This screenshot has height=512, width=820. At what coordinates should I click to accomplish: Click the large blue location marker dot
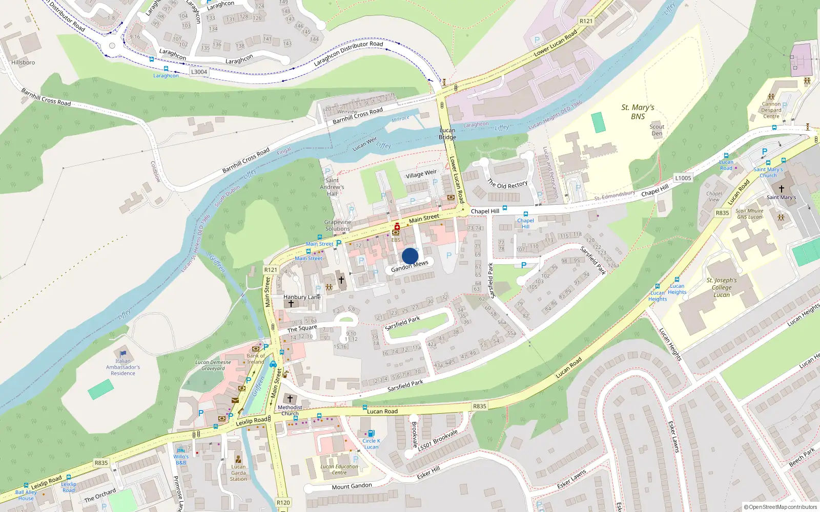410,256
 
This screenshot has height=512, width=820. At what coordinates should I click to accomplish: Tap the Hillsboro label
23,62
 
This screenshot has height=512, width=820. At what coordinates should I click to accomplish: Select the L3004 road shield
199,72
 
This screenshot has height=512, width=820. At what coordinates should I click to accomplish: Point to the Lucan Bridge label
447,134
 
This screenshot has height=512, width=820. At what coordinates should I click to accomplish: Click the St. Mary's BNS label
638,112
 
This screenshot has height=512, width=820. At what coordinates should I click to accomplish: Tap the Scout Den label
657,130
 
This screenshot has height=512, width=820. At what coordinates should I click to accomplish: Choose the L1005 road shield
683,178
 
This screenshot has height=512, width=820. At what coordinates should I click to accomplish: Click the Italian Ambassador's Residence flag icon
123,354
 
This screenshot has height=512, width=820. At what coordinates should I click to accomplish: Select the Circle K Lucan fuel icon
372,434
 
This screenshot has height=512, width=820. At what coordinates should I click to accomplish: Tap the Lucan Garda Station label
238,473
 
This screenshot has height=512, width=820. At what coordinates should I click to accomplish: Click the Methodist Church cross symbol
290,399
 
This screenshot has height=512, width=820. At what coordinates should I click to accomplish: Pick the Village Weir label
421,174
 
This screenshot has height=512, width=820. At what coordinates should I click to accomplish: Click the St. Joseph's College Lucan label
721,287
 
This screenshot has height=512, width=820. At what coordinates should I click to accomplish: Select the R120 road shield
283,502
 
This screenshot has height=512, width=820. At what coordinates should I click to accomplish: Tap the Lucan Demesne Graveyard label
213,365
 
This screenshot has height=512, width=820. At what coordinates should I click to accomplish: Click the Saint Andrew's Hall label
332,187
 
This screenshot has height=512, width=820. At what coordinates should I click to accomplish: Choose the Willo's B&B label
181,459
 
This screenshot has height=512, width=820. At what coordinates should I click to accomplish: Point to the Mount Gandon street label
352,486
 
